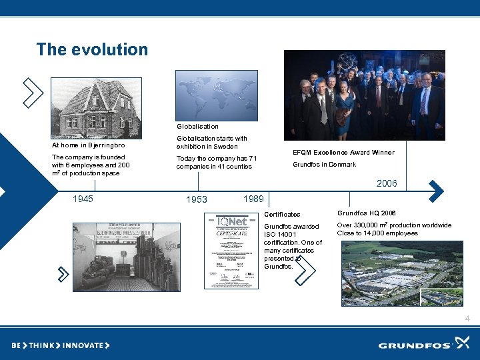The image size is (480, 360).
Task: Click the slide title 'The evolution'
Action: pyautogui.click(x=92, y=49)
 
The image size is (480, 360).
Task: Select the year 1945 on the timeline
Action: pyautogui.click(x=83, y=199)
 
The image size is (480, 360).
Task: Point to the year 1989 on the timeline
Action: pyautogui.click(x=253, y=199)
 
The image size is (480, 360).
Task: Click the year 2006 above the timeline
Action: pyautogui.click(x=387, y=183)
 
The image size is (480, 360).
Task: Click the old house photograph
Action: pyautogui.click(x=96, y=107)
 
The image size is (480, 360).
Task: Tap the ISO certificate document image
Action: pyautogui.click(x=231, y=250)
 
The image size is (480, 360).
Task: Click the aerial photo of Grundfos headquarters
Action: pyautogui.click(x=393, y=273)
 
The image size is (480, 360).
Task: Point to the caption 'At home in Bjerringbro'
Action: pyautogui.click(x=88, y=145)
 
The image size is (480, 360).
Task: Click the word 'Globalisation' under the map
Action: pyautogui.click(x=197, y=126)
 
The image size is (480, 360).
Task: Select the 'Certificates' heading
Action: pyautogui.click(x=282, y=215)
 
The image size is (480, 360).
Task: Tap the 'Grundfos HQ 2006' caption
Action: pyautogui.click(x=367, y=213)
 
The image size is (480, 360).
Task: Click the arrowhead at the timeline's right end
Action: pyautogui.click(x=435, y=191)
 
